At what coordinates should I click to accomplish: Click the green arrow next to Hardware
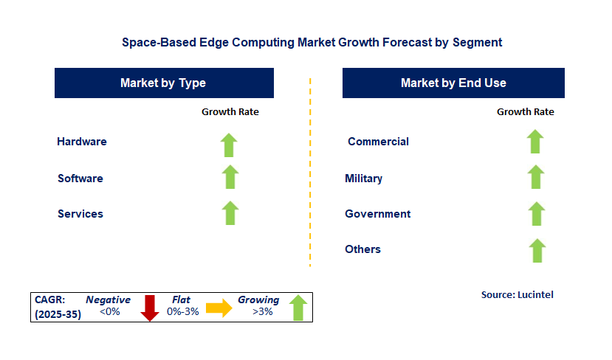coord(229,145)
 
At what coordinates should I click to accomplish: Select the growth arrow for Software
coord(230,177)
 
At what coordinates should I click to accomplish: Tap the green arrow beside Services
coord(230,213)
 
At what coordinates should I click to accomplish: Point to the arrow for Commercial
coord(535,142)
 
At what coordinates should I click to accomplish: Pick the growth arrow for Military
coord(536,177)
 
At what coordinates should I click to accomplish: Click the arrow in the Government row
coord(537,214)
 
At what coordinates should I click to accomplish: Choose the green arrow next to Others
coord(537,250)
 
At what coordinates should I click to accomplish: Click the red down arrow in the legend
coord(150,308)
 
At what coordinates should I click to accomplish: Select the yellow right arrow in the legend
coord(219,308)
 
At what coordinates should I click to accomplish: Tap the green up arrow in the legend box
coord(298,308)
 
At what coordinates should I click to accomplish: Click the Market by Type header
coord(164,83)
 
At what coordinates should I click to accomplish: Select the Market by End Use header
coord(453,83)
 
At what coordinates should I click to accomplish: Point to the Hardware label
coord(82,141)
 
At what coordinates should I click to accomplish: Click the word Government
coord(378,214)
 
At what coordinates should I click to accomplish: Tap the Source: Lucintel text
coord(518,294)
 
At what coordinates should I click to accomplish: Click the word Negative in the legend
coord(108,300)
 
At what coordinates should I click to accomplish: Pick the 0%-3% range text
coord(182,311)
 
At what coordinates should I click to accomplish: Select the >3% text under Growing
coord(262,311)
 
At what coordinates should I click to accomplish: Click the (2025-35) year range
coord(58,314)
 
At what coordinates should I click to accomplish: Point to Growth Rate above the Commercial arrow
coord(526,111)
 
